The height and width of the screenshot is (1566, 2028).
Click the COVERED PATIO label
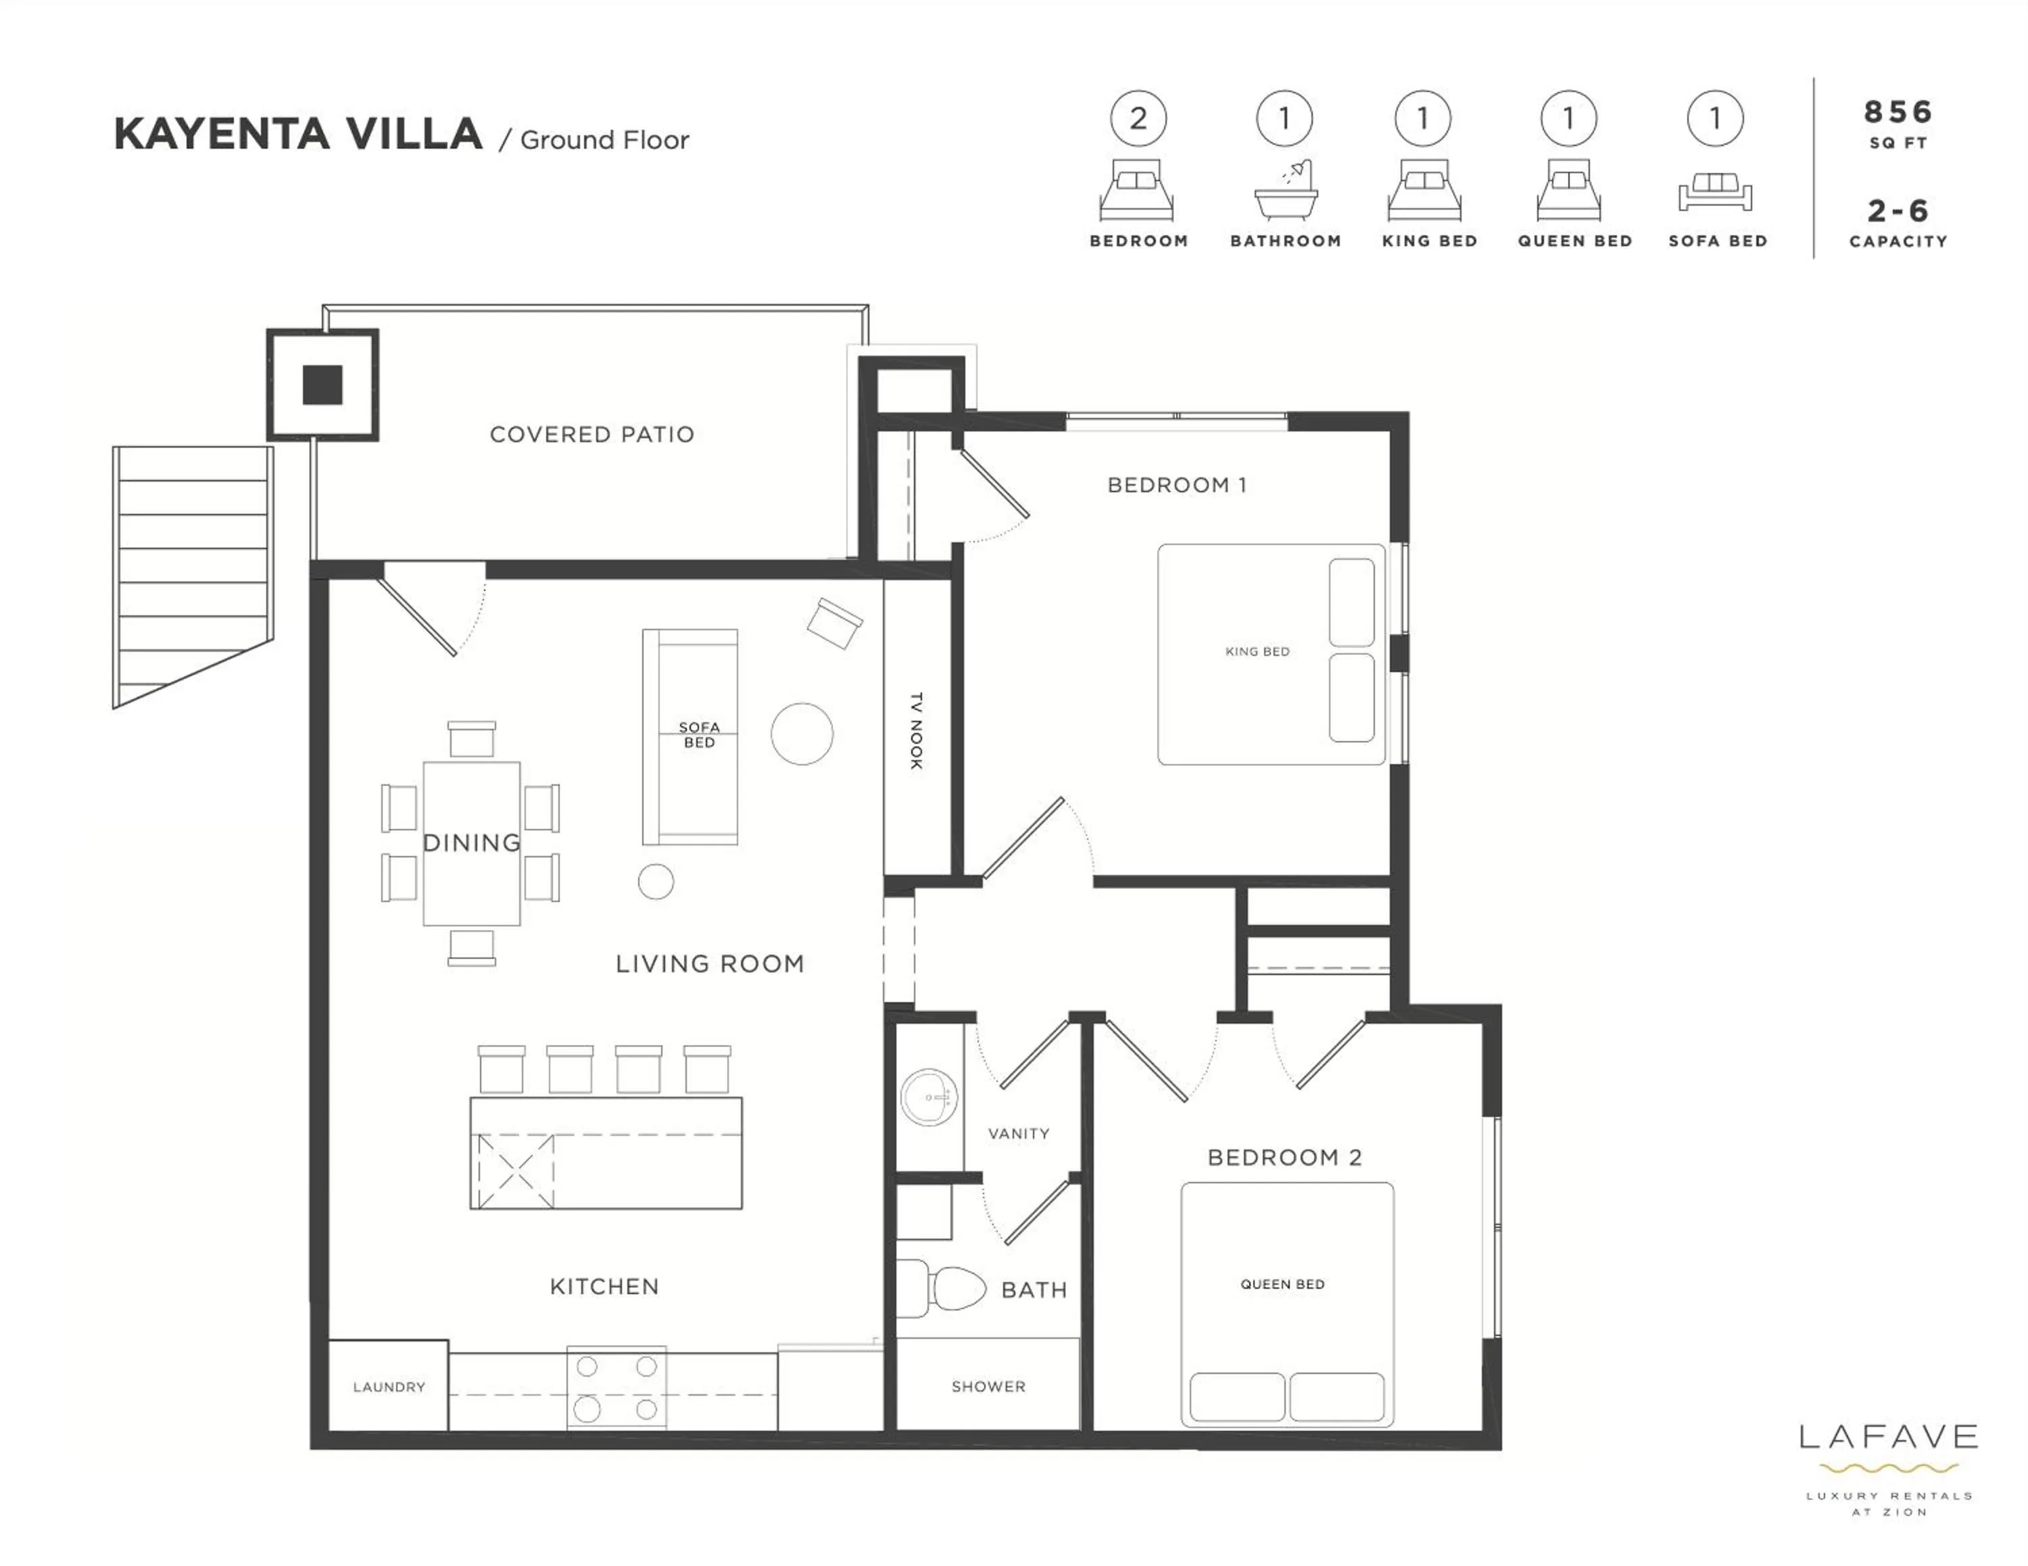(x=591, y=435)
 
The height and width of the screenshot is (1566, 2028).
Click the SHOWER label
(x=988, y=1386)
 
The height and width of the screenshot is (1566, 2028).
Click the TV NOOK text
(x=915, y=730)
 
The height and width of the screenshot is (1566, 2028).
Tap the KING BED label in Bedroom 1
(x=1257, y=651)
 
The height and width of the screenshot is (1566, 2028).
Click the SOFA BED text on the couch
(x=698, y=735)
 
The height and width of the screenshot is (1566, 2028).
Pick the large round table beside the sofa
(x=801, y=734)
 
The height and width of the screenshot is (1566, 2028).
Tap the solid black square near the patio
(x=322, y=385)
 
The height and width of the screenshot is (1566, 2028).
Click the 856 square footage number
(x=1898, y=112)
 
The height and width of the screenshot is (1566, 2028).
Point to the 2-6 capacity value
(x=1898, y=211)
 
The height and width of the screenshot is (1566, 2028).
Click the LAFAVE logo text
(x=1888, y=1438)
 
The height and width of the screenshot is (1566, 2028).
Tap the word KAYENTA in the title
(x=221, y=135)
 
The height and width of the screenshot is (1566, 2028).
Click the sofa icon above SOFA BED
(x=1714, y=191)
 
